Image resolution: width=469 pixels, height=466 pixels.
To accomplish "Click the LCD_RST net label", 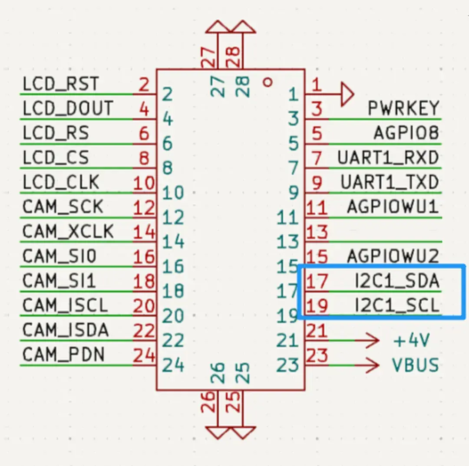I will [60, 84].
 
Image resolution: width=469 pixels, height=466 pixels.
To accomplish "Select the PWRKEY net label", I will [403, 108].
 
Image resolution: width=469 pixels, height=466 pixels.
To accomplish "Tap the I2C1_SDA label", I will [397, 282].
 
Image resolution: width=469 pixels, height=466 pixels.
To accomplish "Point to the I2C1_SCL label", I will [397, 306].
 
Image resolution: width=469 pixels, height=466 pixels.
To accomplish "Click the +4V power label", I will [411, 341].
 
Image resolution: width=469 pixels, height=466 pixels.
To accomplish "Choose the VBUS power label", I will [415, 365].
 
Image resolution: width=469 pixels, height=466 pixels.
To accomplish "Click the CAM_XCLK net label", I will [68, 231].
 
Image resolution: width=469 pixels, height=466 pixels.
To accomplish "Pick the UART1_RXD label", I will [388, 158].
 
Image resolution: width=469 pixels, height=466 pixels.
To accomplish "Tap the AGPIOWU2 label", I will [393, 256].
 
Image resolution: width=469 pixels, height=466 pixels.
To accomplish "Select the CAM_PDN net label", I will [63, 355].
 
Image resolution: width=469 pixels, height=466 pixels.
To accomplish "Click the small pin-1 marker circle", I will [268, 81].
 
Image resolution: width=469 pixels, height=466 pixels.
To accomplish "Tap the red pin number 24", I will [144, 356].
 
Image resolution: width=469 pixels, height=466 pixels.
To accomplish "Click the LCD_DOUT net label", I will [67, 108].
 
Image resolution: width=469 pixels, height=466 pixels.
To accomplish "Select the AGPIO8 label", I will [406, 133].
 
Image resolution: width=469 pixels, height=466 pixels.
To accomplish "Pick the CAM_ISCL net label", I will [65, 306].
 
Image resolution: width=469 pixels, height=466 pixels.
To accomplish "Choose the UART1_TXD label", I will [390, 182].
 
